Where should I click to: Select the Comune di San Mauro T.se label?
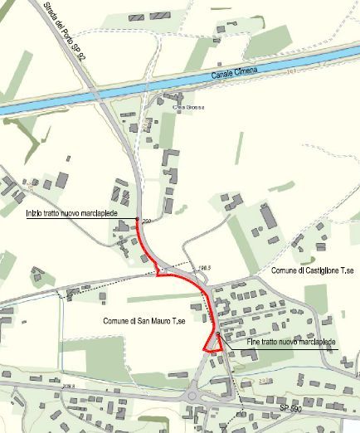click(144, 319)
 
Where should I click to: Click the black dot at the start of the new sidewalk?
click(137, 221)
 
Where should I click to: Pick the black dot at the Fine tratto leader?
click(217, 334)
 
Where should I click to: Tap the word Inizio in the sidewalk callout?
click(36, 214)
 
